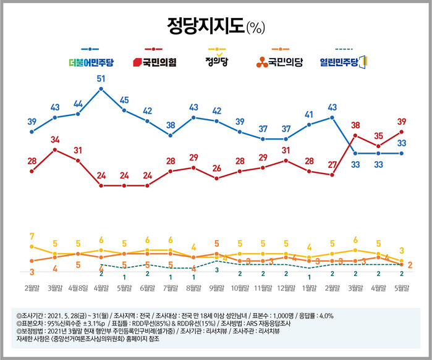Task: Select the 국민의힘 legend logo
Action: tap(155, 62)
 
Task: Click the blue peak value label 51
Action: tap(101, 78)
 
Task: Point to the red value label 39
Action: tap(402, 121)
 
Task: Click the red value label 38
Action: tap(355, 124)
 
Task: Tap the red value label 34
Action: tap(55, 139)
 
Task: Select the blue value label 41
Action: tap(309, 114)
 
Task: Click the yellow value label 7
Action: tap(32, 237)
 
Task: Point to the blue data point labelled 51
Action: tap(101, 89)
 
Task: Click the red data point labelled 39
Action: tap(402, 132)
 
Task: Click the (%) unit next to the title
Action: tap(255, 28)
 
